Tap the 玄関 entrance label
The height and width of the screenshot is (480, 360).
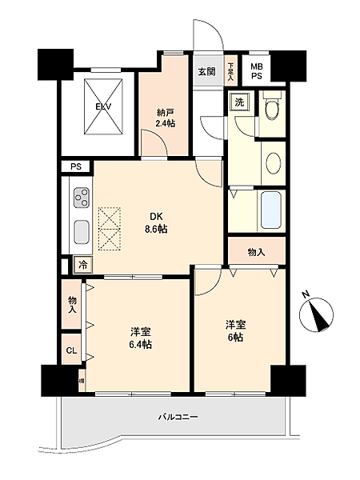click(206, 71)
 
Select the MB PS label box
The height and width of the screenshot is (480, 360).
click(257, 71)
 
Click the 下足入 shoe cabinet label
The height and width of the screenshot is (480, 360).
click(230, 71)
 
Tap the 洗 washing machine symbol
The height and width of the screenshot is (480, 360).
click(238, 102)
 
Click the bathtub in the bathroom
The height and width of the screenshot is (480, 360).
click(271, 210)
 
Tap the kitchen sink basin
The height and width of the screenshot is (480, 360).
click(82, 232)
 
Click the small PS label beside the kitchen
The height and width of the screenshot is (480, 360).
click(76, 166)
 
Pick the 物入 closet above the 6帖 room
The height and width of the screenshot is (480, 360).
click(255, 252)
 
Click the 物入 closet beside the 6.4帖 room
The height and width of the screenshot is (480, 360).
click(72, 304)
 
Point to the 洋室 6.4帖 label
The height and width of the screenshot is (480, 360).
click(140, 338)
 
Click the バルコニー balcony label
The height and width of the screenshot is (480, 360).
click(177, 417)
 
